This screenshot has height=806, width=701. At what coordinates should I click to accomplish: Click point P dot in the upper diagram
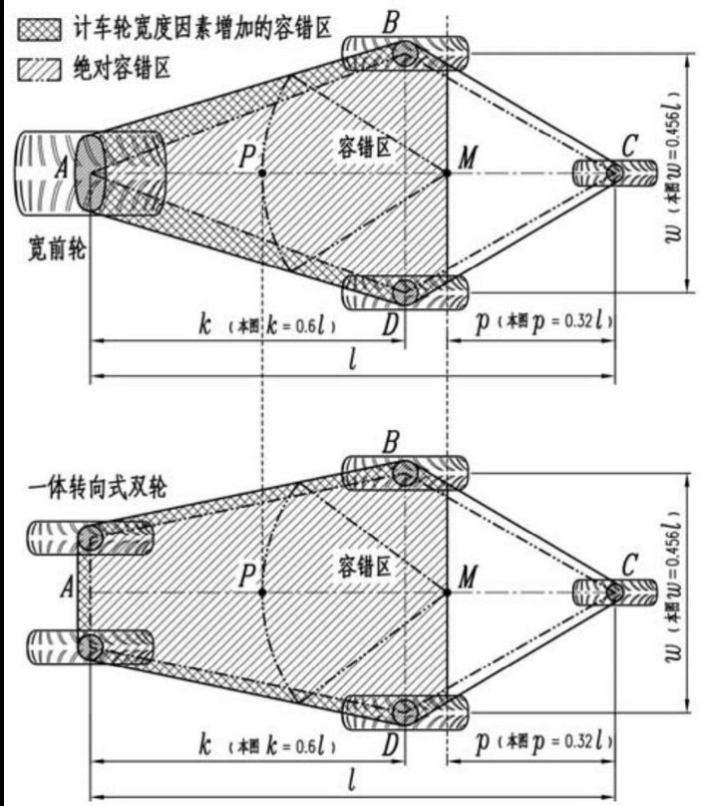(261, 173)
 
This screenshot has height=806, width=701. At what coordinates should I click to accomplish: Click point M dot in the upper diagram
(447, 173)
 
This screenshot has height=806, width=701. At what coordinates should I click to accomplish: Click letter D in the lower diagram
(392, 744)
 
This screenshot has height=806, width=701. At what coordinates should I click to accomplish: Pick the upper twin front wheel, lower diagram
(91, 540)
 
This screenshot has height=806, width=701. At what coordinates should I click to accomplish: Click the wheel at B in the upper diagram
(404, 53)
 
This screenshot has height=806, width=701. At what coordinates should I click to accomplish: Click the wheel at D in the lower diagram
(404, 711)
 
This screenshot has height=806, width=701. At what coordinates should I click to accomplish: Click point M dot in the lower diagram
(447, 592)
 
